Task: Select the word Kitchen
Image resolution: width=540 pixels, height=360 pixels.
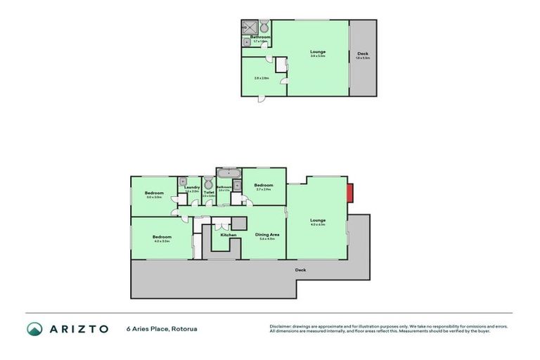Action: pyautogui.click(x=228, y=235)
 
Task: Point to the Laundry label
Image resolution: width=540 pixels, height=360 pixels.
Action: pyautogui.click(x=192, y=187)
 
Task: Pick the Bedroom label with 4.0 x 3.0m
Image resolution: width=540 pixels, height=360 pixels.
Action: pyautogui.click(x=163, y=236)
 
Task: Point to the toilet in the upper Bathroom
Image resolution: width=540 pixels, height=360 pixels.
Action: pyautogui.click(x=264, y=27)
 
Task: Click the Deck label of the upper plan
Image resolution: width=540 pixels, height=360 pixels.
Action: pyautogui.click(x=362, y=54)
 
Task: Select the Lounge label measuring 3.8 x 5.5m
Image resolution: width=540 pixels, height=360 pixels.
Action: pyautogui.click(x=318, y=51)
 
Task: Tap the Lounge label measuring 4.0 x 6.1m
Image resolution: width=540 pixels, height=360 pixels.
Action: pyautogui.click(x=318, y=220)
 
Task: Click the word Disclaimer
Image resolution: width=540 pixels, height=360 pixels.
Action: pyautogui.click(x=281, y=326)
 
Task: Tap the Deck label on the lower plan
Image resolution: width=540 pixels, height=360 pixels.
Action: pyautogui.click(x=300, y=269)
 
